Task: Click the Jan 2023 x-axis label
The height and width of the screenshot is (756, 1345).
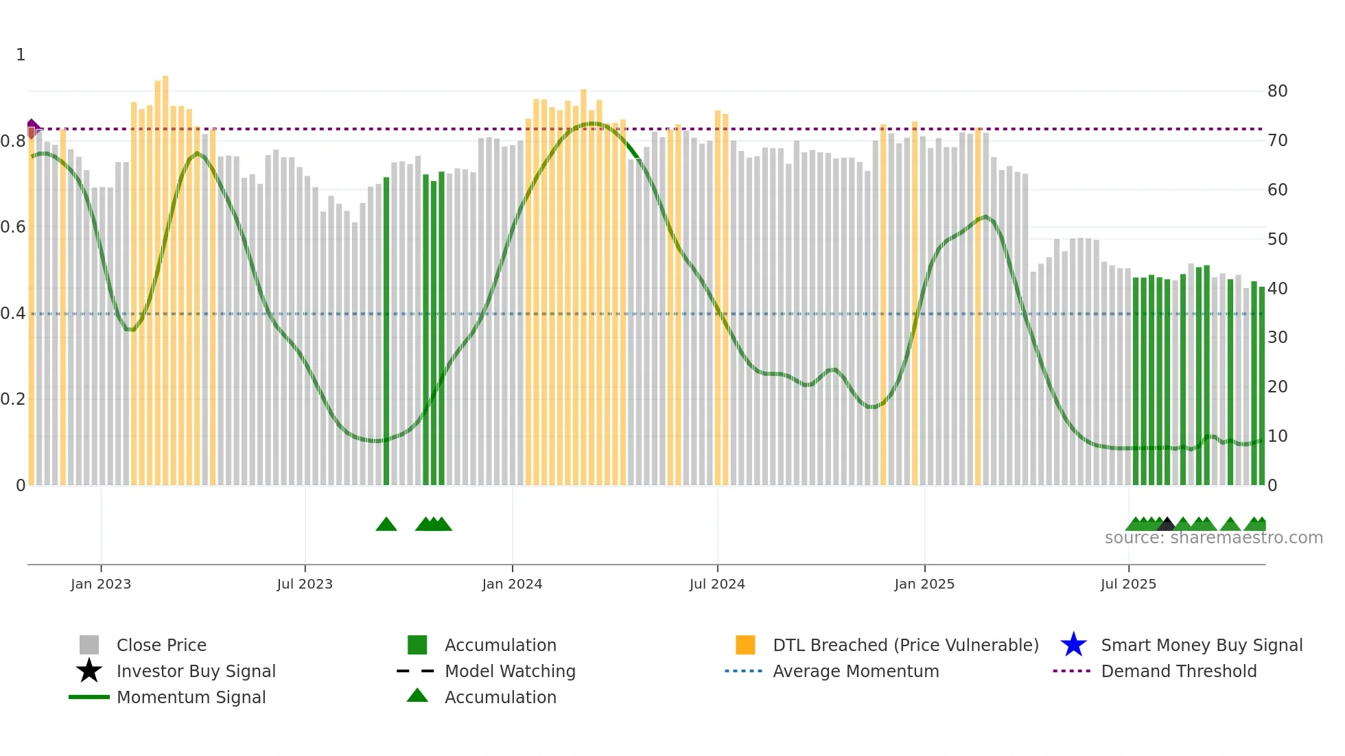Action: click(100, 584)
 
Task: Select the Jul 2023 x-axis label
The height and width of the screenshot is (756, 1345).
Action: click(305, 584)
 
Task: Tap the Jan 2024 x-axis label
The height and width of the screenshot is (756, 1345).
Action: click(512, 584)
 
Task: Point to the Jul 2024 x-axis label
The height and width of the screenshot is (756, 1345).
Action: click(717, 584)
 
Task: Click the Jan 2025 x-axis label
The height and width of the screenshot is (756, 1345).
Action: click(924, 584)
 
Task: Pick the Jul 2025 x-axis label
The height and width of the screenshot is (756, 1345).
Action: click(1128, 584)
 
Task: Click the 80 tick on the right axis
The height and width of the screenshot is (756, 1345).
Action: click(1277, 91)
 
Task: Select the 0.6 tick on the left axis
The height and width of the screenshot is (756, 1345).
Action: click(14, 227)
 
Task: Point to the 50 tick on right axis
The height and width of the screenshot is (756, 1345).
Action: click(1277, 239)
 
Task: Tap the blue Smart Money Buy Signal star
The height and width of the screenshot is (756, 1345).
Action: click(1073, 645)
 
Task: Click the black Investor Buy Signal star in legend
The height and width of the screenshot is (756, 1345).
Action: click(89, 671)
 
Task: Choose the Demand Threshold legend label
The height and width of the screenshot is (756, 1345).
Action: click(1178, 671)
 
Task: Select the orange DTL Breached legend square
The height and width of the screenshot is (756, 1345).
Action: click(745, 645)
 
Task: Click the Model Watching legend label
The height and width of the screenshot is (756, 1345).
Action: click(510, 671)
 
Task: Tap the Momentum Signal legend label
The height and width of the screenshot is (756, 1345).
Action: click(191, 697)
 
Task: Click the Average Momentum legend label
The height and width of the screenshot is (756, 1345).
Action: click(856, 671)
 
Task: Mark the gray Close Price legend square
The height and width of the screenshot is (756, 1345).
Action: click(89, 645)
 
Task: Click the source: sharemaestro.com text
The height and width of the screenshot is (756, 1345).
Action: click(1213, 538)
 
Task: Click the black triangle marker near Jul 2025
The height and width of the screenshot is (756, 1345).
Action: click(1167, 525)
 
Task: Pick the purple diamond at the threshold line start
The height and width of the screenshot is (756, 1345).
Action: click(32, 125)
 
